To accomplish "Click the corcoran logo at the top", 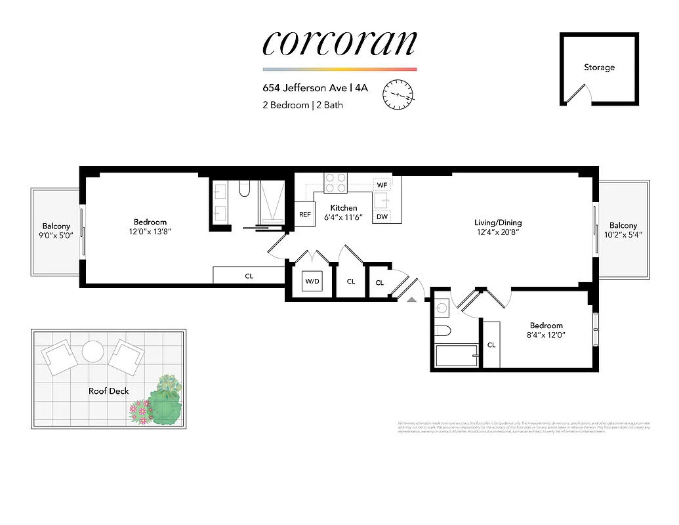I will [339, 43].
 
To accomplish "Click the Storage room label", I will [599, 67].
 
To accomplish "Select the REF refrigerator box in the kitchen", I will [304, 214].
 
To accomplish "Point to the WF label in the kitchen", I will [382, 185].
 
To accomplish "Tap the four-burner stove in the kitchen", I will [335, 182].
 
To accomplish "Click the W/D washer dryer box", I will [311, 282].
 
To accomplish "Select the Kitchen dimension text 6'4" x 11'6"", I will [344, 217].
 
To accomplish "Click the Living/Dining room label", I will [499, 222].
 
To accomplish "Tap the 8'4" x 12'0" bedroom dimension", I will [546, 335].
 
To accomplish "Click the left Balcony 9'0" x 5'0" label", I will [56, 230].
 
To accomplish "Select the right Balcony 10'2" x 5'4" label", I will [623, 230].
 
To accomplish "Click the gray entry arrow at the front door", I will [412, 299].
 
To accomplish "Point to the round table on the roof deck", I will [93, 352].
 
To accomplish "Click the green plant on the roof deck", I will [164, 406].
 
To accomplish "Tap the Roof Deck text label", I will [109, 391].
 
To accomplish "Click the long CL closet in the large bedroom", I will [249, 276].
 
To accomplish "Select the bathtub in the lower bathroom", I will [457, 357].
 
